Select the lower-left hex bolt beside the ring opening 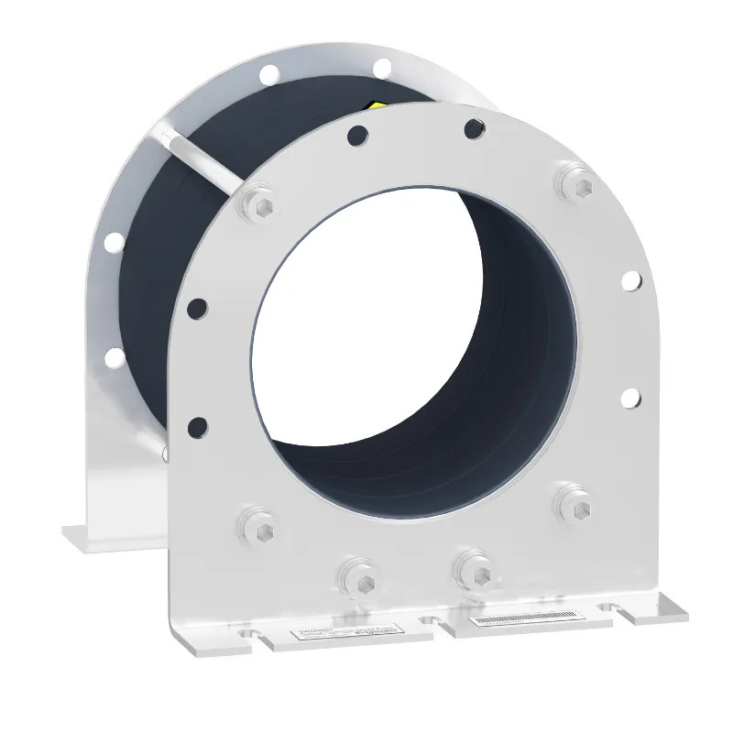click(253, 524)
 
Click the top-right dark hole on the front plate click(474, 128)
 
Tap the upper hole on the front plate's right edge click(630, 279)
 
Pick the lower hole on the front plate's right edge click(630, 397)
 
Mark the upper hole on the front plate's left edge click(195, 306)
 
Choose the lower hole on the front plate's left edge click(197, 425)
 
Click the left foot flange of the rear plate click(92, 534)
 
